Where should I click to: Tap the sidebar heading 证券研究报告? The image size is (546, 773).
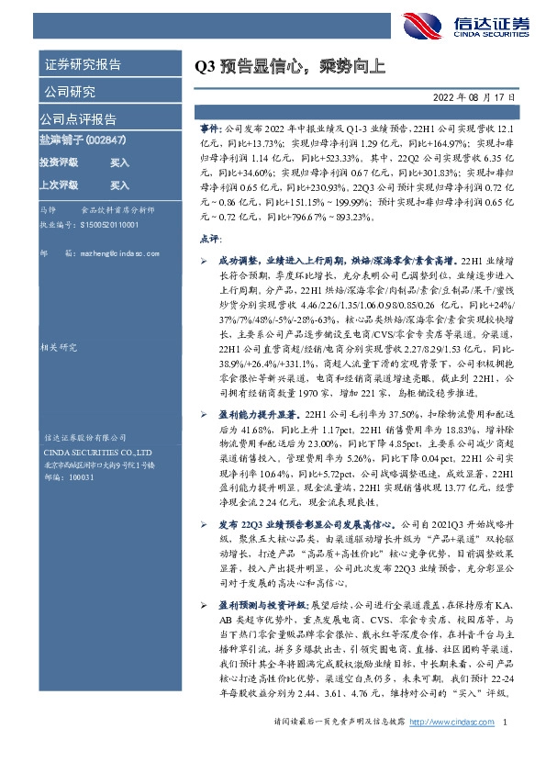[x=84, y=65]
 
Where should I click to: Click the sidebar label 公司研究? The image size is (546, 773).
[x=68, y=92]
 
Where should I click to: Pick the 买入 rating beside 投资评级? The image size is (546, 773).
[x=119, y=162]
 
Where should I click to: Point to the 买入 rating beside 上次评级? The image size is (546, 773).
[x=119, y=184]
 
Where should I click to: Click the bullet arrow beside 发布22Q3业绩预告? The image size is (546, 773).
[x=204, y=523]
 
